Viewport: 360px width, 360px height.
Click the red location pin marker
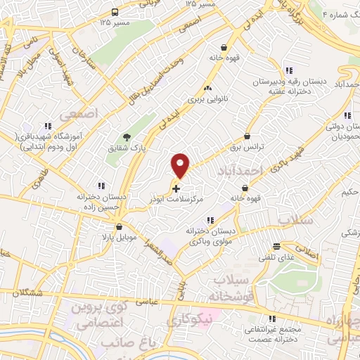(x=181, y=165)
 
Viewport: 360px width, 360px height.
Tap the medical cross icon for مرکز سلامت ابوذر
(x=176, y=189)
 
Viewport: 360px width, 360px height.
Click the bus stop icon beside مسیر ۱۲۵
(x=115, y=13)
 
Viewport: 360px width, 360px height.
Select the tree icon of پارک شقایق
(x=127, y=137)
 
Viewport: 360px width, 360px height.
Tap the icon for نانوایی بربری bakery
(x=207, y=89)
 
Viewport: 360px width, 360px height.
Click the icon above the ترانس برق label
(x=247, y=136)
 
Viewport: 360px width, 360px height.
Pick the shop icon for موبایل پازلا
(x=120, y=227)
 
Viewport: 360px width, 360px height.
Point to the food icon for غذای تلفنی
(x=276, y=246)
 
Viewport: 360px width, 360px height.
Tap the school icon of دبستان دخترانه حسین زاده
(x=102, y=186)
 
